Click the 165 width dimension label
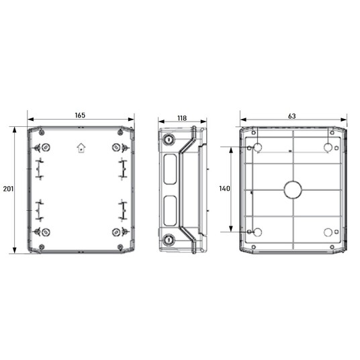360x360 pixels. (x=80, y=116)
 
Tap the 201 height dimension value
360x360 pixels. (x=8, y=189)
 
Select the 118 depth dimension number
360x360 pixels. (x=182, y=118)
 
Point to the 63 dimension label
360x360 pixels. (x=291, y=116)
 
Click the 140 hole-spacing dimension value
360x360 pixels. (x=224, y=189)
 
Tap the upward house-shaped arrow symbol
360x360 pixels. (x=81, y=148)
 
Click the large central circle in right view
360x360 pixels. (x=293, y=190)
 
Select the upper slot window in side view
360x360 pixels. (x=170, y=169)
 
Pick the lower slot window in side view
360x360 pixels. (x=170, y=210)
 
